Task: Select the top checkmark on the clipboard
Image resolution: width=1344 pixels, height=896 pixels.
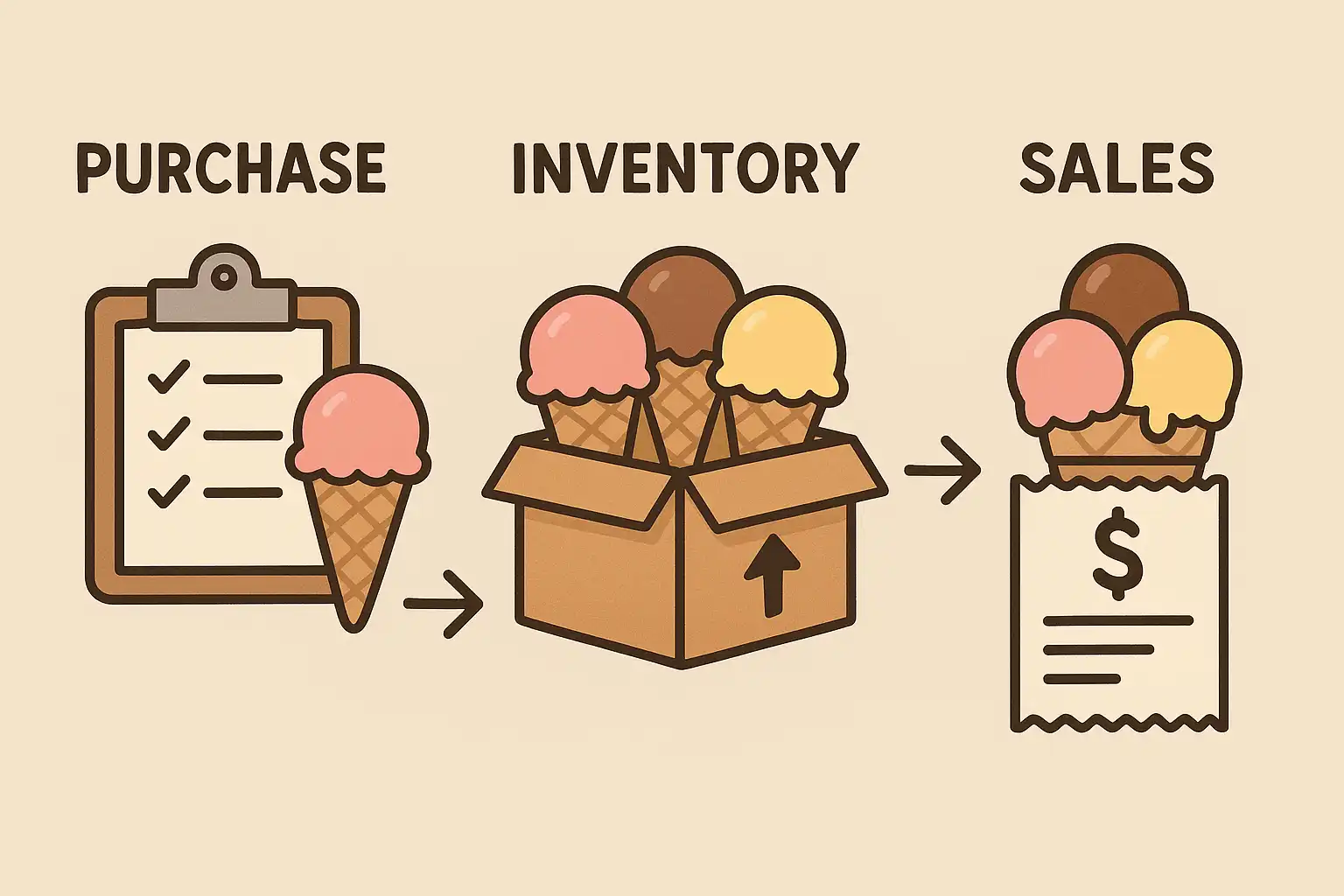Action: point(168,379)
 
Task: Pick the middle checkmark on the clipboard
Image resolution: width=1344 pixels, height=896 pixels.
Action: point(168,433)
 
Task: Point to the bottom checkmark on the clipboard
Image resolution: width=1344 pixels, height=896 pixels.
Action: point(168,490)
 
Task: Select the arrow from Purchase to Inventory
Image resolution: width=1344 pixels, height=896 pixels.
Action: point(444,604)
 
